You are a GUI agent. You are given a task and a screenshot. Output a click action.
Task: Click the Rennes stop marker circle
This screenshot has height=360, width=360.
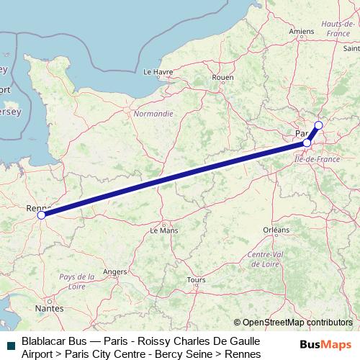coord(41,215)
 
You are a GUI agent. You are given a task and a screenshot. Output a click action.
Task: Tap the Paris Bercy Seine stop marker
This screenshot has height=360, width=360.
coord(307,143)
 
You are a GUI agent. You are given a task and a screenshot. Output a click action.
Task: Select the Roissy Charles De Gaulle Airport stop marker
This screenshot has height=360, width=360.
coord(318,126)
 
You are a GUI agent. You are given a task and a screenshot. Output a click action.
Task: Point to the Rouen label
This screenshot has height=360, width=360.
coord(223,78)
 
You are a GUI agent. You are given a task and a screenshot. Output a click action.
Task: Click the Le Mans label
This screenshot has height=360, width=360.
coord(163,230)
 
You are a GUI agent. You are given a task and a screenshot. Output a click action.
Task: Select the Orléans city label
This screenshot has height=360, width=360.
coord(276,230)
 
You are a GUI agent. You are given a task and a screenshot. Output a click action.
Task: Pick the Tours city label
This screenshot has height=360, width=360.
coord(196,279)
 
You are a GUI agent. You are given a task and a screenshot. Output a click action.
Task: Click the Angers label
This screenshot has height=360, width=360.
coord(115,271)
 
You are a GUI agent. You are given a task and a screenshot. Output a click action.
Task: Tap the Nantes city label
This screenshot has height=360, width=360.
coord(49,307)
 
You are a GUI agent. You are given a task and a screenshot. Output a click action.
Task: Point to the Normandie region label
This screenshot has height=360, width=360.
coord(153,114)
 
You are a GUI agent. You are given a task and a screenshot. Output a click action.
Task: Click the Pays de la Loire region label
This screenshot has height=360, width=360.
coord(77,281)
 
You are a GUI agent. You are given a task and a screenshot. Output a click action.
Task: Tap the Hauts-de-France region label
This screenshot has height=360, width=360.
coord(337,30)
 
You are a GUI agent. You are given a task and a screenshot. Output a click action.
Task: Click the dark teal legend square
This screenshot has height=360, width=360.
coord(10,345)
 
